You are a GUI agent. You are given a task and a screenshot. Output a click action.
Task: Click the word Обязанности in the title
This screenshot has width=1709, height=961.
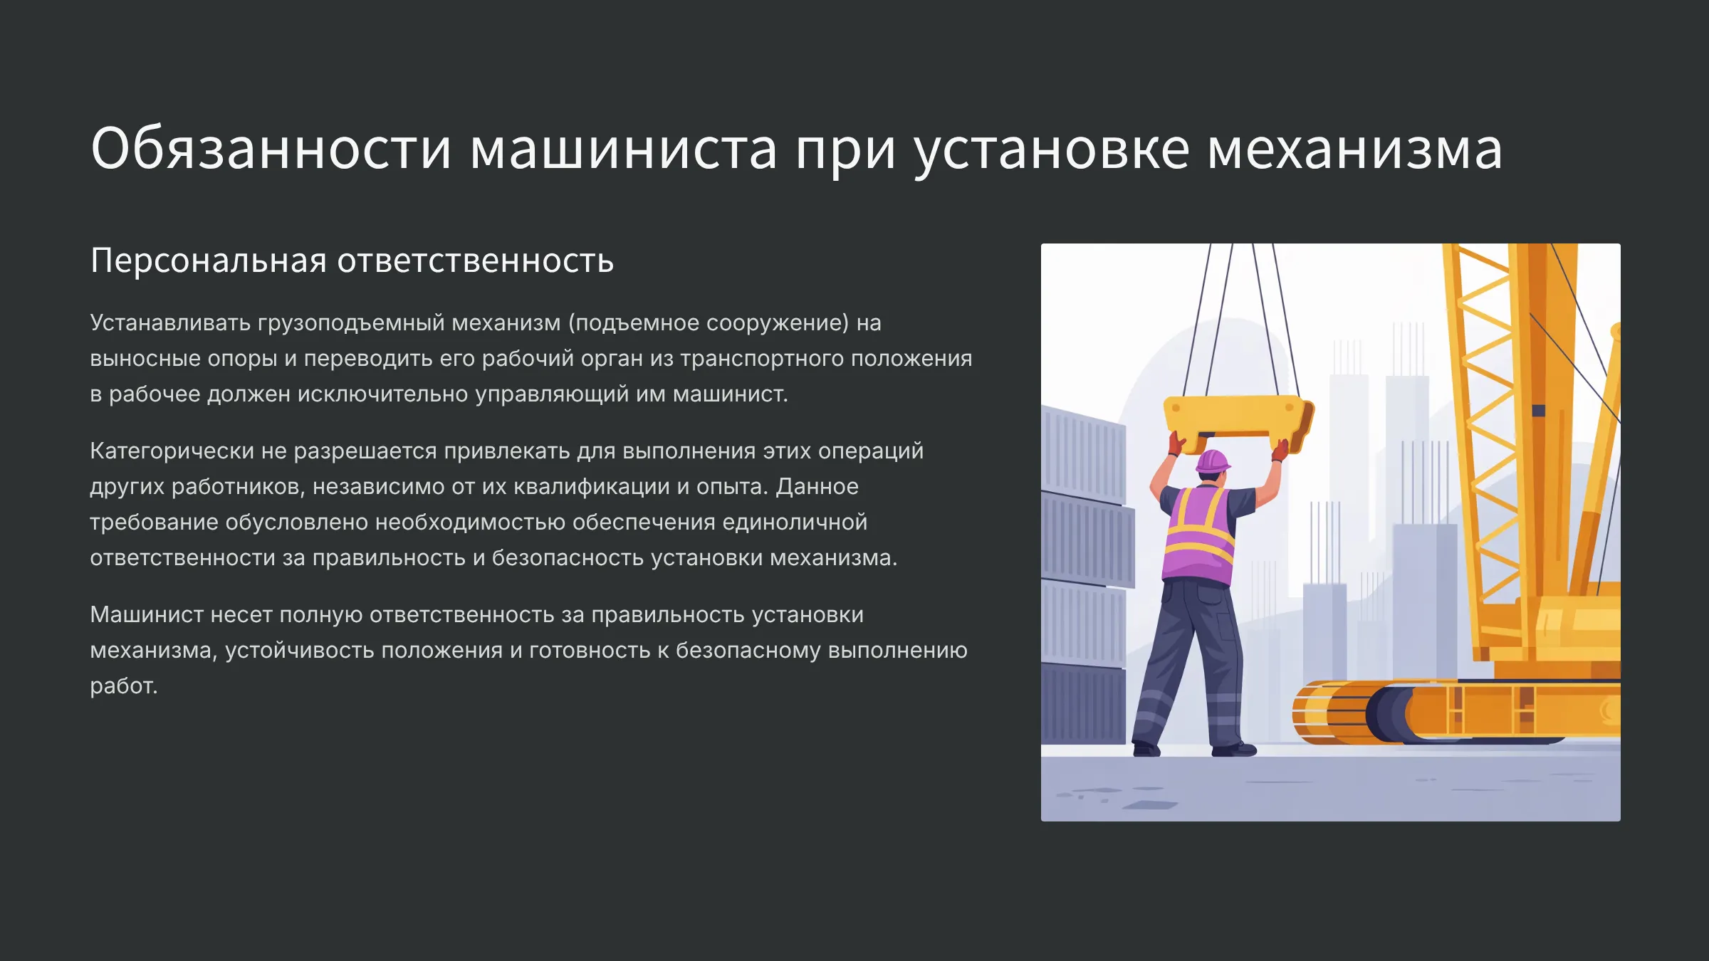click(x=271, y=148)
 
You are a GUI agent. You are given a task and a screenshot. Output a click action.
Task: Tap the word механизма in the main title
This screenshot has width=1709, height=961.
click(x=1355, y=148)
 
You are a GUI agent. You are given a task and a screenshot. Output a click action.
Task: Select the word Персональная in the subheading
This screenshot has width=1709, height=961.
click(x=209, y=261)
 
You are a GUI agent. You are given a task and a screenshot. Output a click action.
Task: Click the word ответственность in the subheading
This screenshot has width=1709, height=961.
click(x=475, y=261)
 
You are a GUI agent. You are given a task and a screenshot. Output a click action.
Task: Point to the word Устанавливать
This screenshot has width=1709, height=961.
click(x=170, y=322)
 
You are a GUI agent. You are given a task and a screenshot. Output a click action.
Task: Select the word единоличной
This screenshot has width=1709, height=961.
click(x=795, y=522)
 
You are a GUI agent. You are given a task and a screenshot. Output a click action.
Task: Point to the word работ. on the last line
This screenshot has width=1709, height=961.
click(x=123, y=686)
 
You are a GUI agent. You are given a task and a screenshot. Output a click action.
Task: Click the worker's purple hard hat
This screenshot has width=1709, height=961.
click(x=1213, y=461)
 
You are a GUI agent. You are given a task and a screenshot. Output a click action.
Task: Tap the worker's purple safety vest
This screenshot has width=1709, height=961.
click(x=1200, y=535)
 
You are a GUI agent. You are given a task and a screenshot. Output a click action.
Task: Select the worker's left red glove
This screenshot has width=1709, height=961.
click(x=1176, y=443)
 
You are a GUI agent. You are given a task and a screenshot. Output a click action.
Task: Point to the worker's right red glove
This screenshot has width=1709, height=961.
click(x=1280, y=450)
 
